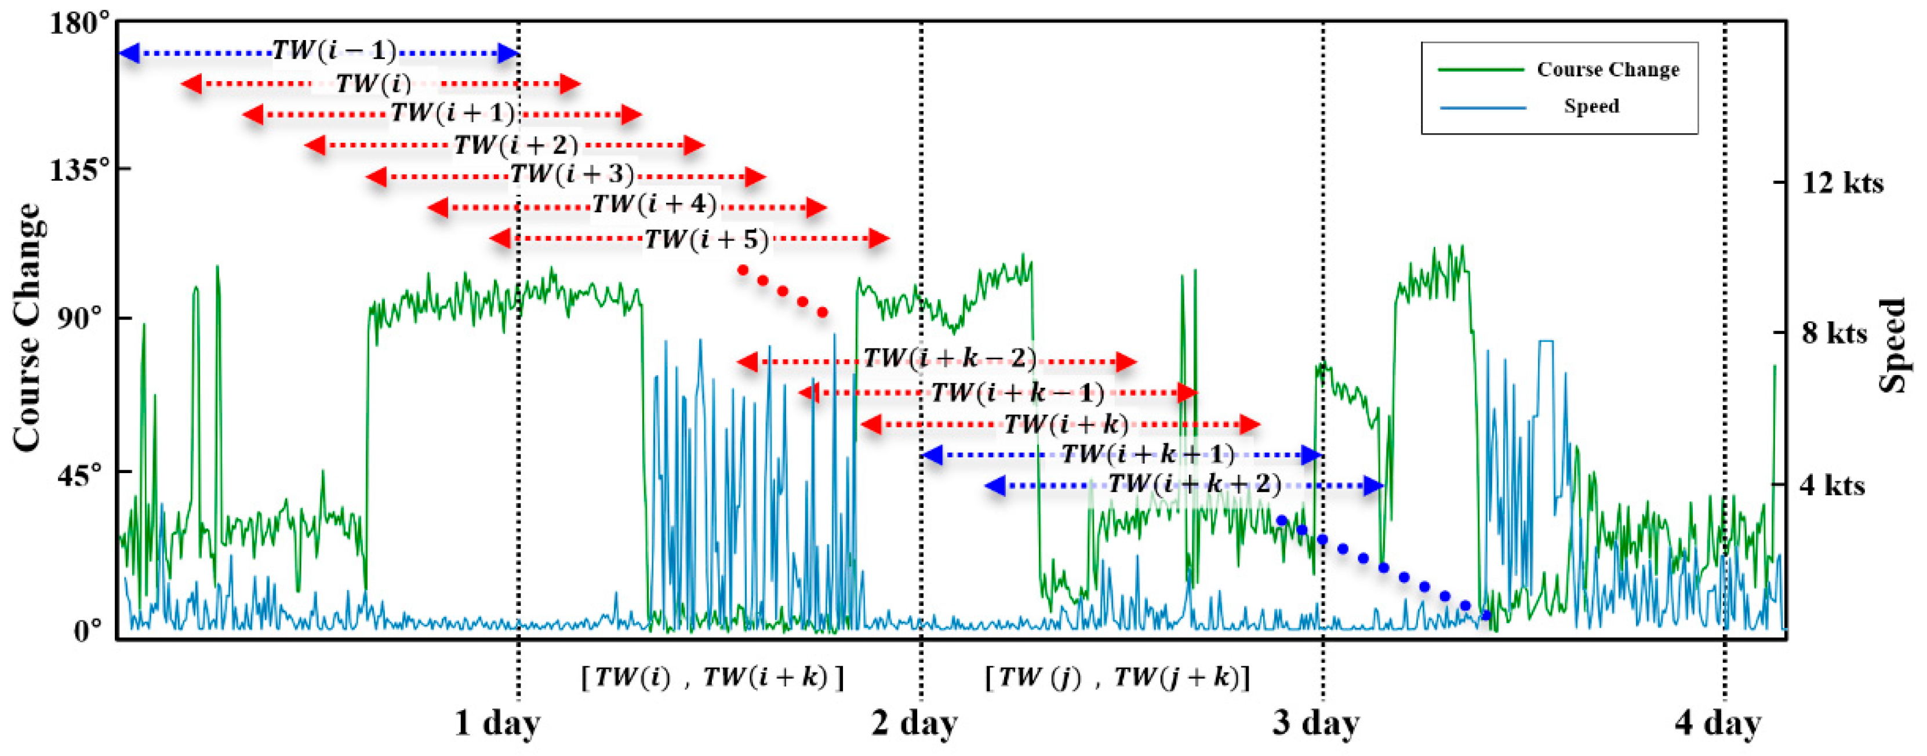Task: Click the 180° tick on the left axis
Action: (x=82, y=24)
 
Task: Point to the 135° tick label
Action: (x=82, y=171)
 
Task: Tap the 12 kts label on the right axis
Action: (x=1842, y=183)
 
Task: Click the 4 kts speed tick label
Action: (x=1832, y=485)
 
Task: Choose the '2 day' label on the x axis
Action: (x=914, y=723)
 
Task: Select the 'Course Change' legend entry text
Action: (x=1608, y=70)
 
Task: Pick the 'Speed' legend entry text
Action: (x=1591, y=106)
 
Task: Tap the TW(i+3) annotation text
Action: (x=572, y=175)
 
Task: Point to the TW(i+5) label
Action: (x=706, y=239)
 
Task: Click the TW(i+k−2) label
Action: (x=949, y=358)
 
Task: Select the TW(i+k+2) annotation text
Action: (x=1194, y=485)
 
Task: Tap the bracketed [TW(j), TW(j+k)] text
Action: (x=1118, y=678)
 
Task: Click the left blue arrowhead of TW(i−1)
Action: (x=129, y=53)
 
